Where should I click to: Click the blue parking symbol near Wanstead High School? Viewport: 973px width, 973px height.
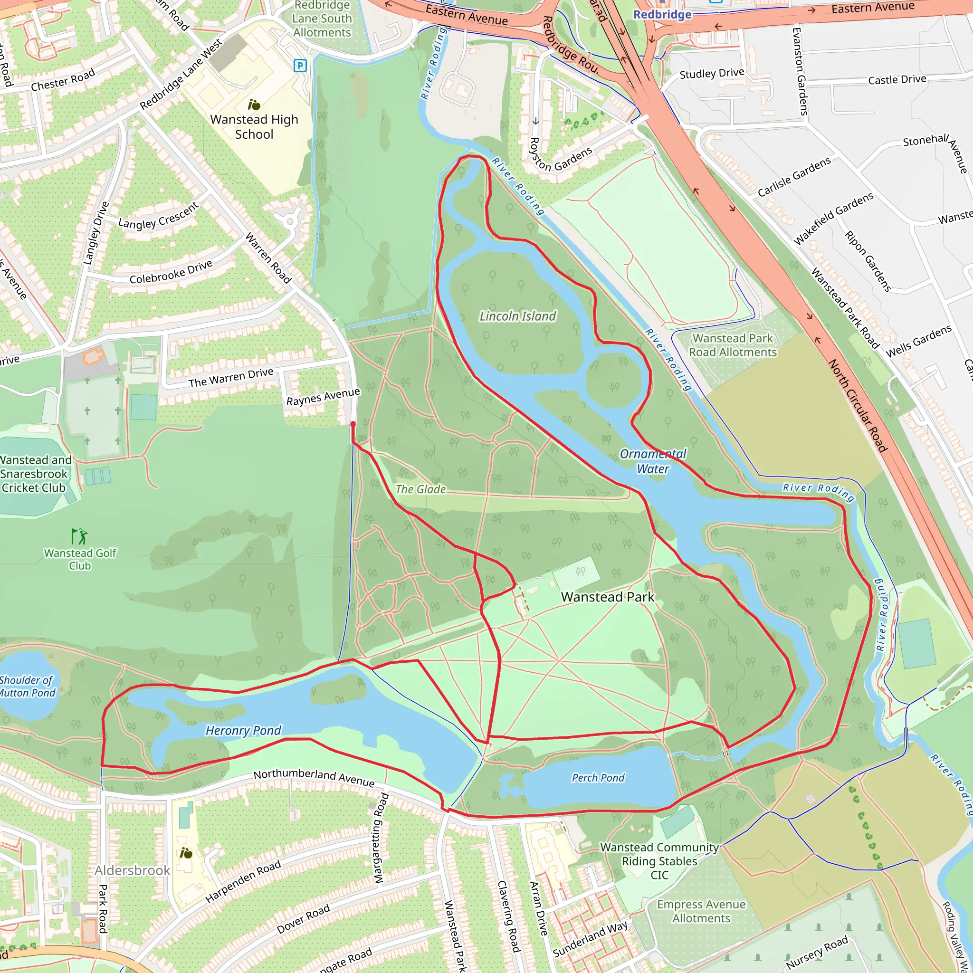(x=300, y=65)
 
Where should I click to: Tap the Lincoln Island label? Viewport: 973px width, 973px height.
(x=518, y=316)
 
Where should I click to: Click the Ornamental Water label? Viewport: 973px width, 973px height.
(x=653, y=461)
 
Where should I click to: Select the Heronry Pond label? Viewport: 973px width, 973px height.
(x=243, y=730)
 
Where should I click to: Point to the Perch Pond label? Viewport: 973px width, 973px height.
(x=598, y=778)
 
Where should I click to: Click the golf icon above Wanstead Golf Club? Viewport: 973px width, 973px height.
(x=79, y=536)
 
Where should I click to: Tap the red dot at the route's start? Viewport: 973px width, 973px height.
(x=353, y=424)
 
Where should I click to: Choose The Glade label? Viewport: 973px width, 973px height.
(x=420, y=489)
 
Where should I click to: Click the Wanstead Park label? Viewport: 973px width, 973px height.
(x=607, y=597)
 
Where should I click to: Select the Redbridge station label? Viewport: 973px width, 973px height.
(x=662, y=14)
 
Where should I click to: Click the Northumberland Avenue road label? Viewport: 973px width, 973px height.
(x=314, y=778)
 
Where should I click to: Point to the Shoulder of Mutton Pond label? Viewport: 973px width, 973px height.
(x=28, y=687)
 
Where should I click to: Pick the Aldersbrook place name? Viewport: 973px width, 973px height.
(x=133, y=870)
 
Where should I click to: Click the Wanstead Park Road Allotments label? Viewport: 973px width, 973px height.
(x=733, y=345)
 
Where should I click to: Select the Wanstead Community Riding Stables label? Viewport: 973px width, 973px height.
(x=659, y=861)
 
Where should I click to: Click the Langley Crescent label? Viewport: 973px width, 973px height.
(x=159, y=216)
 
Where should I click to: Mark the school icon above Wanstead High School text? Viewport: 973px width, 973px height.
(x=254, y=105)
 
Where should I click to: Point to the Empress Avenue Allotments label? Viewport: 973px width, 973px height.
(x=701, y=911)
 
